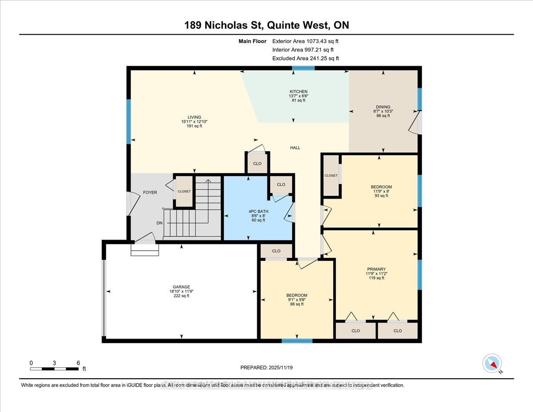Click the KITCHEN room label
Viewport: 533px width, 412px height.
[295, 92]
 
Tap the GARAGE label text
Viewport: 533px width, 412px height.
[182, 287]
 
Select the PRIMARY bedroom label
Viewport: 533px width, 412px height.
[373, 269]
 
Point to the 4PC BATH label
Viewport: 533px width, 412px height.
[258, 210]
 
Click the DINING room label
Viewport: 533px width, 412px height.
[383, 107]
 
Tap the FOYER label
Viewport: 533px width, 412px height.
[150, 192]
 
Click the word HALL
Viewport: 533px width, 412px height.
[295, 148]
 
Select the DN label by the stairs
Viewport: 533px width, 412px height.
[159, 223]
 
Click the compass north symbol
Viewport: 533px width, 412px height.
[492, 363]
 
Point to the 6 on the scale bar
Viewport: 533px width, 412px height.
[78, 363]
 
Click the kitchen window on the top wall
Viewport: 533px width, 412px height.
[303, 68]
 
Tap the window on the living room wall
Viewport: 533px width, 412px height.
[129, 121]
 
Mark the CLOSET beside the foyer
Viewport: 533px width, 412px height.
[184, 192]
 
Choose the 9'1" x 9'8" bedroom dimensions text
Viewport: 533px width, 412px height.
[297, 300]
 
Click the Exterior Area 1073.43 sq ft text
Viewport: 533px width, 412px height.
[308, 41]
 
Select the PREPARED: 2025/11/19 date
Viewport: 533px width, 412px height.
[266, 368]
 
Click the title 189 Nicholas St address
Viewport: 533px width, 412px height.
[266, 25]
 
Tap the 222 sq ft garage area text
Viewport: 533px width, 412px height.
[182, 296]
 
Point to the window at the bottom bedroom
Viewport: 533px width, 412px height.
[297, 341]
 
